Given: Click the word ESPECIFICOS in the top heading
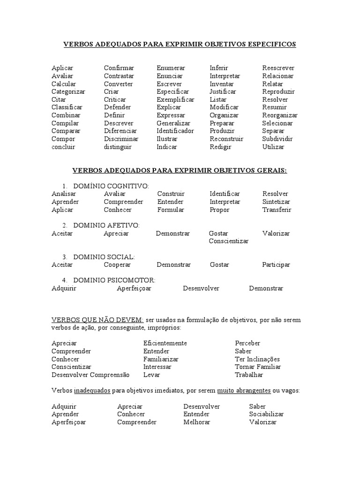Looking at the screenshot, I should point(270,44).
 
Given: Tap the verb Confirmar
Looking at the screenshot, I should point(119,68).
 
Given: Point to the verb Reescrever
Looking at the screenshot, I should point(278,68).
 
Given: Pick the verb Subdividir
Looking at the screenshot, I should point(277,139).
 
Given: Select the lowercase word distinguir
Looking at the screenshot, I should point(118,147).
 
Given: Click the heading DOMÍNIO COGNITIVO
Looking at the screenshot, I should point(111,186).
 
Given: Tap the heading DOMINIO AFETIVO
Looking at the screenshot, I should point(106,225).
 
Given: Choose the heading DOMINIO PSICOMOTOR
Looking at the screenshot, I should point(114,280).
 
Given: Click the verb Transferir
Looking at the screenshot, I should point(277,210).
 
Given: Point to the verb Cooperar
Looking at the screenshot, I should point(117,264).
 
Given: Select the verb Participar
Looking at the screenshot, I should point(276,264).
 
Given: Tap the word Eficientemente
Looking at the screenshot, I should point(165,343).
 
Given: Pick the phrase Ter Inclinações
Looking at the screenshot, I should point(257,359).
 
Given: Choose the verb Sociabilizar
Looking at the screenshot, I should point(267,414).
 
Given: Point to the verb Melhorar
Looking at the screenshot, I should point(197,422).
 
